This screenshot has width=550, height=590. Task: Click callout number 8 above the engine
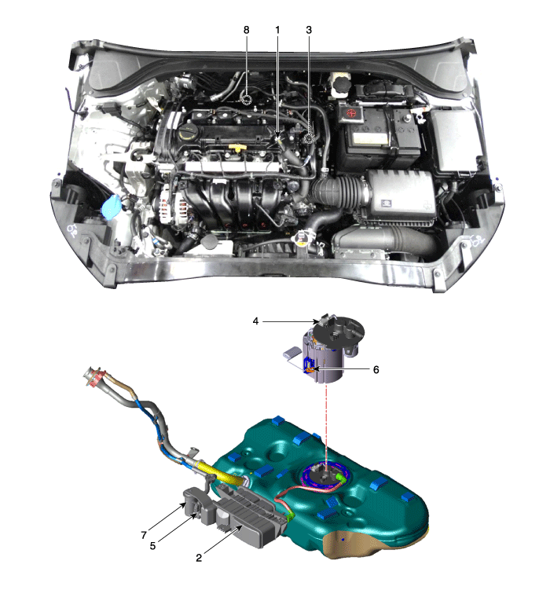247,30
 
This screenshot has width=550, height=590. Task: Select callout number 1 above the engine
277,30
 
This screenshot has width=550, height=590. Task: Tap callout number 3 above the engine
309,30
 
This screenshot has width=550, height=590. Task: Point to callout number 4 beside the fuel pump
255,321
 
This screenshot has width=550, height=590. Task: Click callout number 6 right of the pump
376,369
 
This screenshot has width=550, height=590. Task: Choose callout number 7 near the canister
144,535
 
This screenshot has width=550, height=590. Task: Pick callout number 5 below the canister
152,545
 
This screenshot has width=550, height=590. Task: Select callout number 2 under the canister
199,558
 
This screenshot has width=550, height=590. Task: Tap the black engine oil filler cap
187,134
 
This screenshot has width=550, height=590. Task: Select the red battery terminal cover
351,113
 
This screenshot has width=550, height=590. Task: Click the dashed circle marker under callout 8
247,99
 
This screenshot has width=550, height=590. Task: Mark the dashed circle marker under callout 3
309,138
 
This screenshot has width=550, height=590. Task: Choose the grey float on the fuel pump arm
291,352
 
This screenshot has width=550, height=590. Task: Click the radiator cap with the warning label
302,238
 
